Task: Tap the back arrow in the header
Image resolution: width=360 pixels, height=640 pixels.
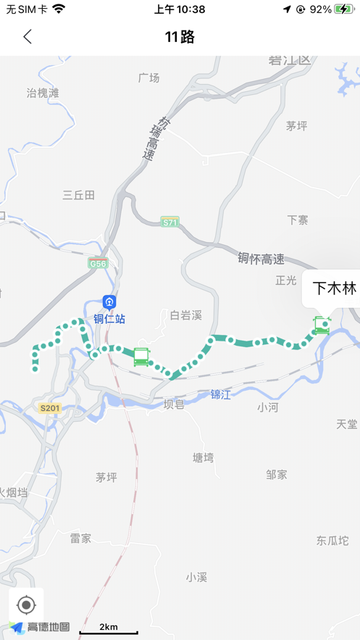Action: click(x=28, y=37)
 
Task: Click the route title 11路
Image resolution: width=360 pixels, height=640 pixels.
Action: click(x=180, y=37)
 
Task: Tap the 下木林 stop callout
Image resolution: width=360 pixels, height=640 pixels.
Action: click(x=334, y=288)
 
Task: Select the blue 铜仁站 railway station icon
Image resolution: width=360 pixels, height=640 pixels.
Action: click(x=109, y=302)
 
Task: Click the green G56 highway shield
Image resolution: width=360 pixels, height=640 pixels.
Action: click(x=99, y=264)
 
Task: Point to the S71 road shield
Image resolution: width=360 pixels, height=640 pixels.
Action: click(x=169, y=223)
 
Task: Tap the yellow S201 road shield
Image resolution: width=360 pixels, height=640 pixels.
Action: click(x=49, y=408)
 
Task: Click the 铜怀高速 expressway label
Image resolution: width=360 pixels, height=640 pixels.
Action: click(x=261, y=259)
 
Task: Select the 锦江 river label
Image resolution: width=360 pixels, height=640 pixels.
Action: click(x=221, y=395)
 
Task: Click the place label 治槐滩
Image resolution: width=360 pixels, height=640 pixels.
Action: click(x=43, y=93)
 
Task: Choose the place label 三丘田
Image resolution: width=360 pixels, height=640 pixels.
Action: click(x=79, y=195)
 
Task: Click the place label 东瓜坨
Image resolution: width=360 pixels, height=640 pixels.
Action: click(x=332, y=541)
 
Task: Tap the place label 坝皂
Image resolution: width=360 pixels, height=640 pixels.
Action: click(x=174, y=404)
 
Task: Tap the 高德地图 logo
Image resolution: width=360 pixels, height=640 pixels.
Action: click(x=41, y=627)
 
